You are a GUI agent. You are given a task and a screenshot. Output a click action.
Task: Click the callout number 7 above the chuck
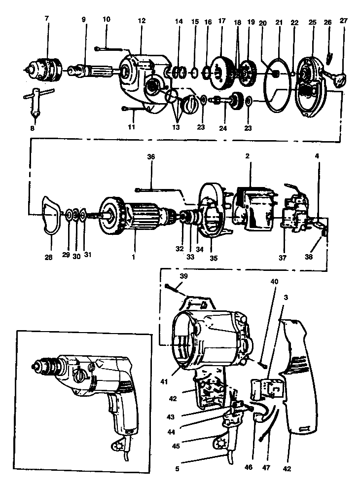tap(47, 18)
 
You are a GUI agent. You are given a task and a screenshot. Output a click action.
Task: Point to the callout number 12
tap(142, 21)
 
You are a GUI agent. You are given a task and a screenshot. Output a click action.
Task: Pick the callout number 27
tap(344, 22)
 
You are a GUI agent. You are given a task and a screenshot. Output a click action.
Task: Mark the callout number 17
tap(221, 22)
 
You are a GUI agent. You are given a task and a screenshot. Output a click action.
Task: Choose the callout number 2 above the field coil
tap(248, 156)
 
